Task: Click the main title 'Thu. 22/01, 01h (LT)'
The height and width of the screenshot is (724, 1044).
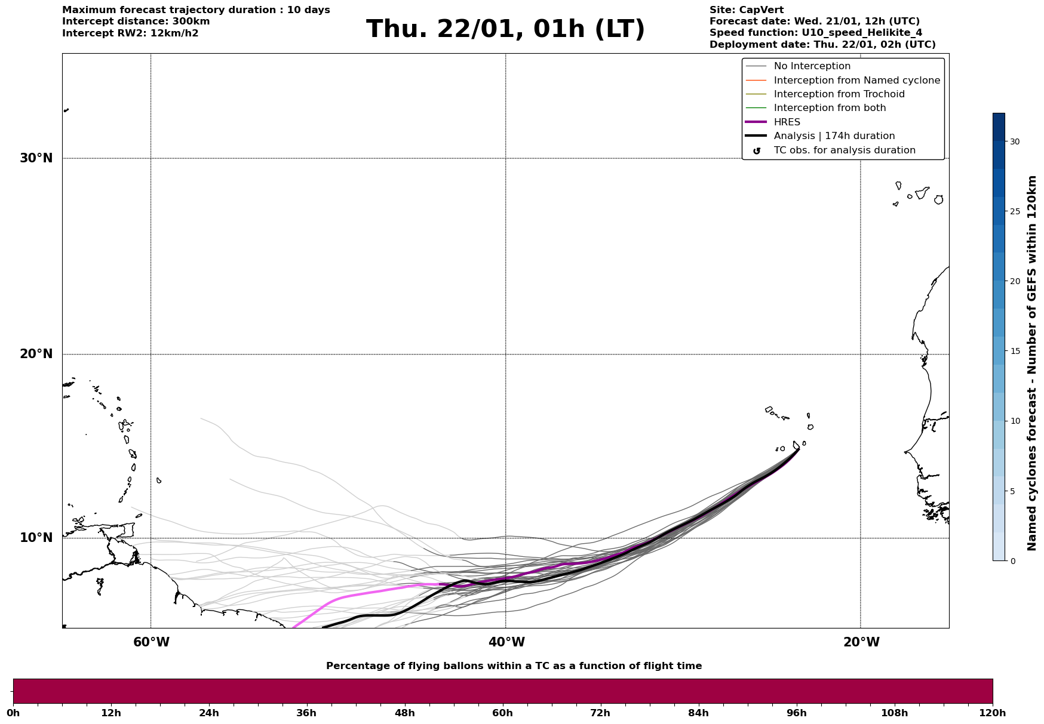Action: [505, 29]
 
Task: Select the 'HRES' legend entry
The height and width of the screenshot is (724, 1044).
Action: [787, 122]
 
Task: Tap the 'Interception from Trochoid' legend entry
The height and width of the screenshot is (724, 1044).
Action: [839, 94]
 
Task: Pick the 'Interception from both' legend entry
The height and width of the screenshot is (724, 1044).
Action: [830, 108]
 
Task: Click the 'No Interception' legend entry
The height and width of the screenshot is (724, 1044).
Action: [812, 66]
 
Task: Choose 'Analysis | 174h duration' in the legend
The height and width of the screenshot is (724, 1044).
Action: [834, 136]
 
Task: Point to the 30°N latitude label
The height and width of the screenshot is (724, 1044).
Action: [36, 158]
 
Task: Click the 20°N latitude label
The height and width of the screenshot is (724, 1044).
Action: [36, 354]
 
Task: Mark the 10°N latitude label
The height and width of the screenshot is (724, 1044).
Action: [36, 538]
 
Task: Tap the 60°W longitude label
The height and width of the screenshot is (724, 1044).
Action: [151, 642]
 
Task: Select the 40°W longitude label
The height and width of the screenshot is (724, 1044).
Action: [506, 642]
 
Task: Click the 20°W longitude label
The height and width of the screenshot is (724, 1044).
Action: [861, 642]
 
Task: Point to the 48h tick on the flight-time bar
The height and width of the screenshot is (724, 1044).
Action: [404, 713]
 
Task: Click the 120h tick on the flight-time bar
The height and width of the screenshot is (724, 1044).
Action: [992, 713]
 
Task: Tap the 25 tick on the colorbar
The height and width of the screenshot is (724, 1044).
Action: [1015, 211]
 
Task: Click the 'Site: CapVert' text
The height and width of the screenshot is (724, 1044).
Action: [746, 10]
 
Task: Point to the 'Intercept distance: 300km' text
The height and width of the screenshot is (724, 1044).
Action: [136, 21]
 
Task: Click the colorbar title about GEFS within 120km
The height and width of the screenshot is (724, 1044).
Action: [1031, 363]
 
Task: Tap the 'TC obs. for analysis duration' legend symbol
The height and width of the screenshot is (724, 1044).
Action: [757, 151]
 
